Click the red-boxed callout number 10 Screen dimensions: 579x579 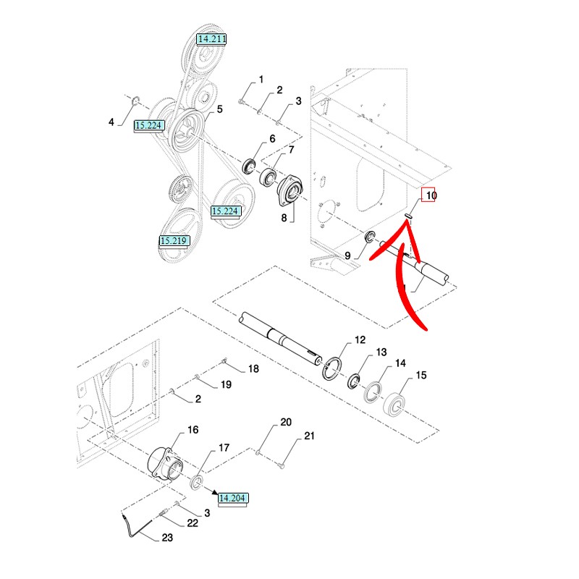coord(431,195)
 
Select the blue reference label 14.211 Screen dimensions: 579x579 coord(211,38)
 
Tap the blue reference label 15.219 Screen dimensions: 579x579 coord(174,240)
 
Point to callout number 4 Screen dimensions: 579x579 coord(111,122)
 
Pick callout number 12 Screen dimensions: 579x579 coord(360,339)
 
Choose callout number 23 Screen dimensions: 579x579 coord(168,538)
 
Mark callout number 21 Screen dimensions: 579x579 coord(309,436)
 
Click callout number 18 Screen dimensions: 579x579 coord(253,369)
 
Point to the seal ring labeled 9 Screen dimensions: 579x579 coord(368,237)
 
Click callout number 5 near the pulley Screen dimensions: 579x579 coord(219,109)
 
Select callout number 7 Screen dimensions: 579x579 coord(292,150)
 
